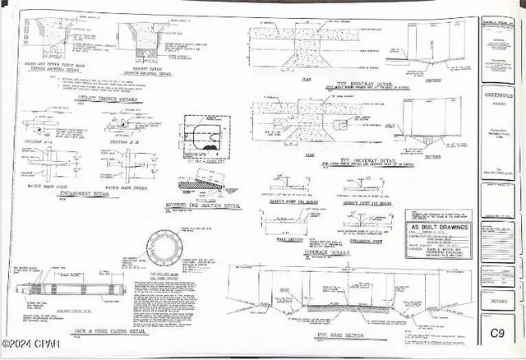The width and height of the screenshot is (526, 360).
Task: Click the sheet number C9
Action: click(x=497, y=333)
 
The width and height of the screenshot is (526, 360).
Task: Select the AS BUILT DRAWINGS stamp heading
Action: click(x=440, y=228)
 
